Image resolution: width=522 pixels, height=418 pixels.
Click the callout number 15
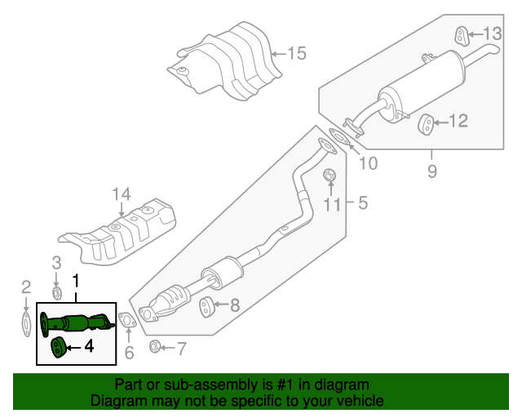coord(296,54)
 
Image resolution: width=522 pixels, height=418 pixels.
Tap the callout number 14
coord(121,194)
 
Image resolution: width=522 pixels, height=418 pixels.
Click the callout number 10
coord(368,163)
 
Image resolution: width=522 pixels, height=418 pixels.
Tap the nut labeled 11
coord(330,175)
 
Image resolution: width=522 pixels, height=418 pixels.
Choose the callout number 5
coord(363,201)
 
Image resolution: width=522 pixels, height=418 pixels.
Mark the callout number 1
coord(77,282)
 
